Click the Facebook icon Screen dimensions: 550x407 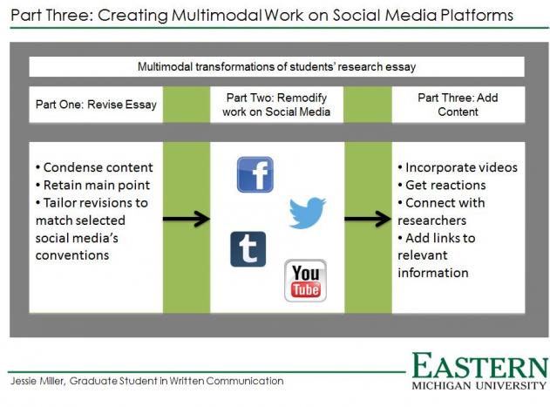pyautogui.click(x=255, y=174)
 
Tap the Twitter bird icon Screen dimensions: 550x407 pyautogui.click(x=308, y=213)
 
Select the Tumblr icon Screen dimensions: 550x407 pyautogui.click(x=248, y=249)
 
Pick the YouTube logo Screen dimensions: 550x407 pyautogui.click(x=306, y=281)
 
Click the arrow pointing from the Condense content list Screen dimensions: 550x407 pyautogui.click(x=187, y=219)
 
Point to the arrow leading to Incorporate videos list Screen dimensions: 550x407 pyautogui.click(x=368, y=219)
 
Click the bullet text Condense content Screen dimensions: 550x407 pyautogui.click(x=94, y=167)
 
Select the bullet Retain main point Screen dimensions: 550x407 pyautogui.click(x=93, y=185)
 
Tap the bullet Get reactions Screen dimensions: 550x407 pyautogui.click(x=442, y=185)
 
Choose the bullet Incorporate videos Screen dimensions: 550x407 pyautogui.click(x=458, y=167)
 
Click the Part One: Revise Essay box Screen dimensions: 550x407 pyautogui.click(x=96, y=105)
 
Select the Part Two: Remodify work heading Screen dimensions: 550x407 pyautogui.click(x=276, y=105)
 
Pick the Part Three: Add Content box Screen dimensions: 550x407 pyautogui.click(x=458, y=105)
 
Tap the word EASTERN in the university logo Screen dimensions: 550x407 pyautogui.click(x=480, y=365)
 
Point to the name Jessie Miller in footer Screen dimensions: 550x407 pyautogui.click(x=37, y=381)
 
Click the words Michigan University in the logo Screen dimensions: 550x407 pyautogui.click(x=479, y=385)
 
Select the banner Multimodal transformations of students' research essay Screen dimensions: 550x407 pyautogui.click(x=277, y=66)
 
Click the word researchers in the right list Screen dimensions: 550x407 pyautogui.click(x=431, y=220)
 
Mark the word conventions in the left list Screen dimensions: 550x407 pyautogui.click(x=72, y=255)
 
